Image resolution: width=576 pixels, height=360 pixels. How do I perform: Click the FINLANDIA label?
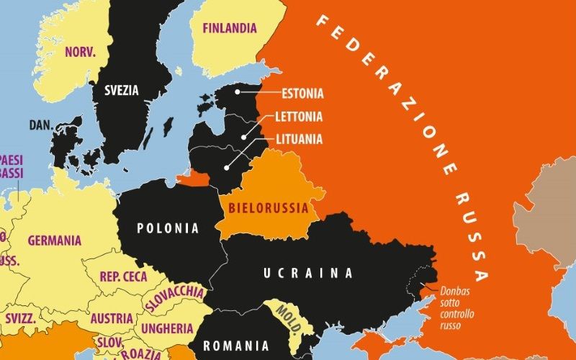click(229, 29)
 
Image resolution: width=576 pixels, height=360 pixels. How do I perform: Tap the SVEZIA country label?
click(122, 91)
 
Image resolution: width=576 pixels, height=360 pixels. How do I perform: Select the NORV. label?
click(81, 52)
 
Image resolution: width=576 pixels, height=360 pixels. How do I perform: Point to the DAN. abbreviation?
click(41, 125)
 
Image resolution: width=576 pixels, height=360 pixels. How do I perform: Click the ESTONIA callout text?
click(302, 94)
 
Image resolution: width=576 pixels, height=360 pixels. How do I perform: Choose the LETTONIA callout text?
click(299, 117)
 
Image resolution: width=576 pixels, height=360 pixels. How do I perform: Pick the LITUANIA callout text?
click(300, 140)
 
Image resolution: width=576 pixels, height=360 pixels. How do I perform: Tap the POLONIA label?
click(168, 228)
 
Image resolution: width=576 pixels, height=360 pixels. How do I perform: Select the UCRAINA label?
click(307, 273)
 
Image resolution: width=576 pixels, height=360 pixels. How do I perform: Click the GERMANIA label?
click(55, 240)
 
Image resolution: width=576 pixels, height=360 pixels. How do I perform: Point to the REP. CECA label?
click(123, 276)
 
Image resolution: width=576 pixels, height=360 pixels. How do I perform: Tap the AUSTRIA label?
click(111, 318)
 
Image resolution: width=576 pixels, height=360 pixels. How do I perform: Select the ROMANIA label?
click(236, 346)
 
